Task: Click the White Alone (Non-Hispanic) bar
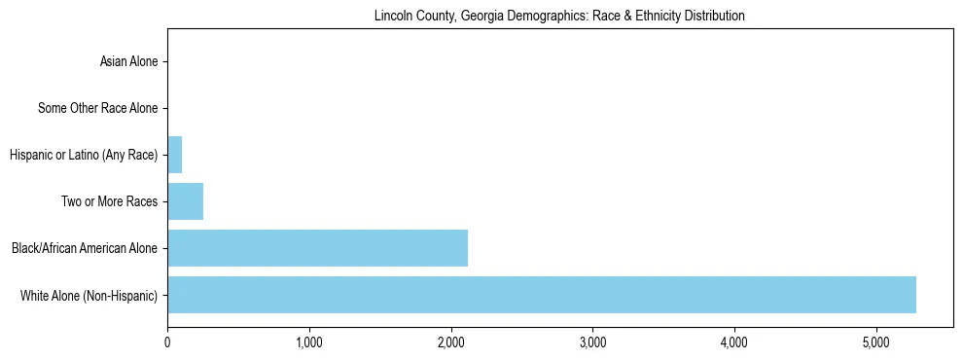click(541, 295)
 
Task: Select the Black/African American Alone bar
click(317, 248)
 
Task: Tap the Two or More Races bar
click(185, 201)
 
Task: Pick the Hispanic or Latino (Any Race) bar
click(174, 155)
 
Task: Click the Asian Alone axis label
click(128, 62)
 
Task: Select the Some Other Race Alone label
click(97, 108)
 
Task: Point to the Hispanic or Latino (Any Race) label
click(83, 155)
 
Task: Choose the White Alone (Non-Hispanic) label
click(89, 295)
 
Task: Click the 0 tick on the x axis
click(167, 342)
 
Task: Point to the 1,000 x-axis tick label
click(308, 342)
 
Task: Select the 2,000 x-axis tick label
click(450, 342)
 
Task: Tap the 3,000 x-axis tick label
click(592, 342)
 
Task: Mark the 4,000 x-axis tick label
click(733, 342)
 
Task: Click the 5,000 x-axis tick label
click(875, 342)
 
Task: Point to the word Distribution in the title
click(718, 17)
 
